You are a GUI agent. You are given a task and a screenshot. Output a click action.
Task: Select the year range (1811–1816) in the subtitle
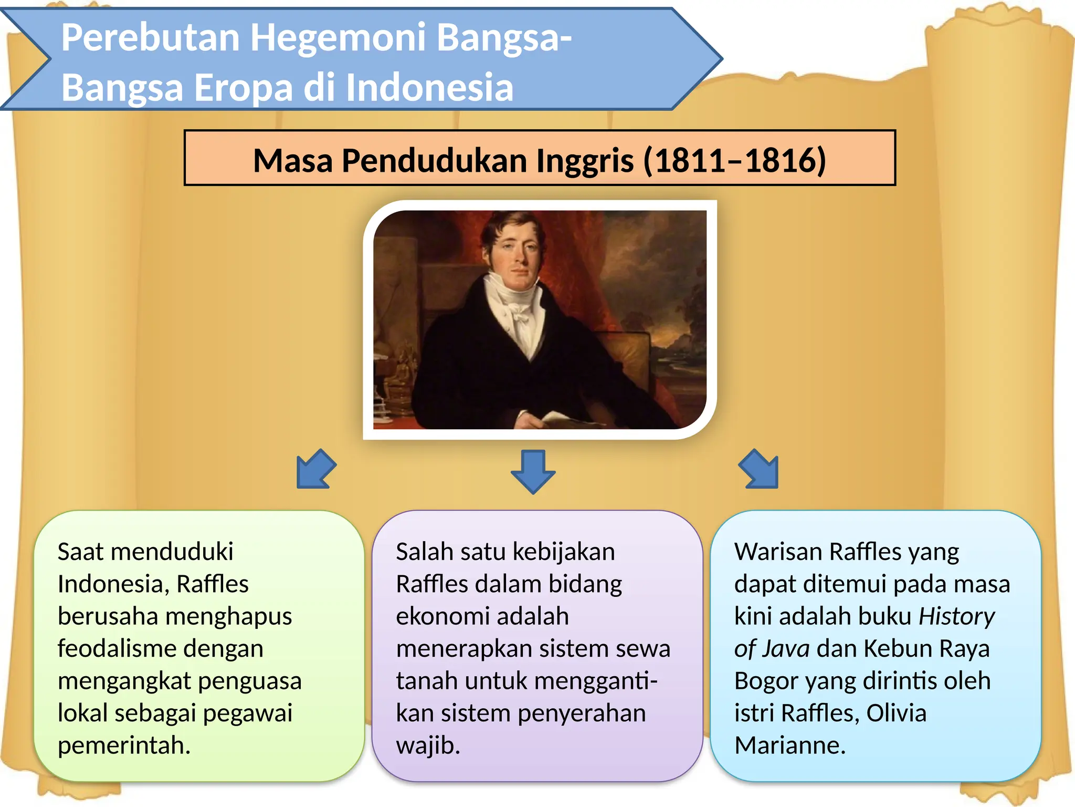[x=734, y=160]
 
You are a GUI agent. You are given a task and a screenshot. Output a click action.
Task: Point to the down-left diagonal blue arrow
[x=315, y=469]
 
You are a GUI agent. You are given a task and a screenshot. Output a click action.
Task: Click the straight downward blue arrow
[x=533, y=471]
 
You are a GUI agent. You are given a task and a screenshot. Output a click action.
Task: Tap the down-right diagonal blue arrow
[x=759, y=469]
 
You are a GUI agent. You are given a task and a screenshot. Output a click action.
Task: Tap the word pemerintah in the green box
[x=123, y=746]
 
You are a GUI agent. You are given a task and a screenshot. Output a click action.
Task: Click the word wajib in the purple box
[x=427, y=746]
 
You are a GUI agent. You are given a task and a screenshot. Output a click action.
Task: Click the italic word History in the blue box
[x=956, y=616]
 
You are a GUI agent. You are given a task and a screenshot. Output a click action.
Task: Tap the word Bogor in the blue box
[x=765, y=681]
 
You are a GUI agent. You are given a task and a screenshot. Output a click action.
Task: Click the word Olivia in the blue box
[x=896, y=713]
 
